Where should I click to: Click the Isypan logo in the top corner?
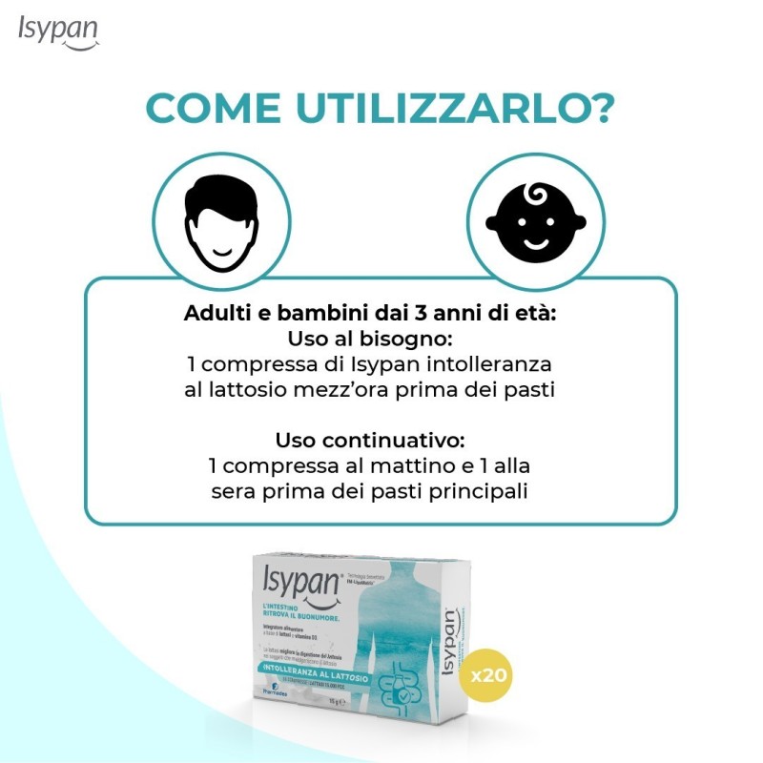point(57,32)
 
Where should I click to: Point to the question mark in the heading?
point(602,109)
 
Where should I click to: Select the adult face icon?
point(220,218)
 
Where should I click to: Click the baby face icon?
point(535,218)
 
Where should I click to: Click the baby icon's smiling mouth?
point(535,241)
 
